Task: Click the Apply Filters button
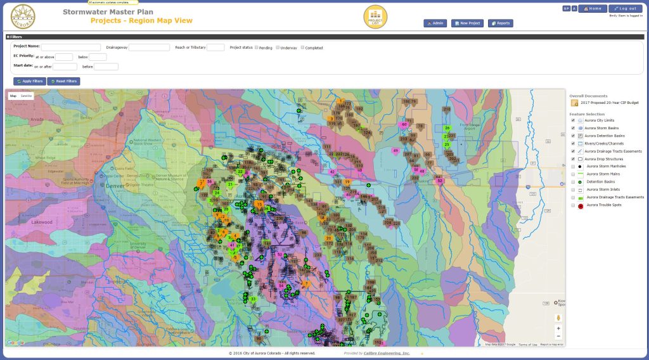pyautogui.click(x=30, y=81)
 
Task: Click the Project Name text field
pyautogui.click(x=71, y=47)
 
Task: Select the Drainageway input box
pyautogui.click(x=149, y=47)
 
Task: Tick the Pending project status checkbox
pyautogui.click(x=257, y=47)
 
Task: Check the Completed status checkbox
pyautogui.click(x=303, y=47)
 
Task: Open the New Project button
pyautogui.click(x=467, y=23)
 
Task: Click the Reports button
pyautogui.click(x=501, y=23)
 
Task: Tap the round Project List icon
pyautogui.click(x=375, y=16)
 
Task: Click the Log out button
pyautogui.click(x=625, y=8)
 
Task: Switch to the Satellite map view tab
pyautogui.click(x=26, y=96)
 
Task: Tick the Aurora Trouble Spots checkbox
pyautogui.click(x=574, y=205)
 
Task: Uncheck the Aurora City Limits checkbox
pyautogui.click(x=574, y=120)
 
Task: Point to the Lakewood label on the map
pyautogui.click(x=42, y=222)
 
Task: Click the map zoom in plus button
pyautogui.click(x=558, y=328)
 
